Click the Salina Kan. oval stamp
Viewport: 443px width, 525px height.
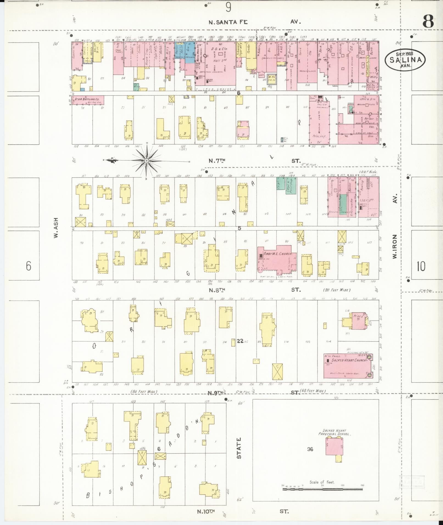(x=405, y=60)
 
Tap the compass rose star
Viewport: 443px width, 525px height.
(x=147, y=161)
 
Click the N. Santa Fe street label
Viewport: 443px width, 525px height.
(x=228, y=22)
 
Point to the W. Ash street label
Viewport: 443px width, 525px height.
(x=56, y=228)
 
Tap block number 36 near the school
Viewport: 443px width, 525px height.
(x=310, y=449)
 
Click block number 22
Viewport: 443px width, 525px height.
(x=240, y=341)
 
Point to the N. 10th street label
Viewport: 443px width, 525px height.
(x=206, y=511)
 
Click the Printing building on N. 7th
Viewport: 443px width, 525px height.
(x=319, y=121)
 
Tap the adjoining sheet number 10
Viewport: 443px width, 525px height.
(x=421, y=266)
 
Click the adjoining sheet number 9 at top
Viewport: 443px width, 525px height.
(x=228, y=8)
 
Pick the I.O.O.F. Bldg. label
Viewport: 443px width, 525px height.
(x=368, y=172)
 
